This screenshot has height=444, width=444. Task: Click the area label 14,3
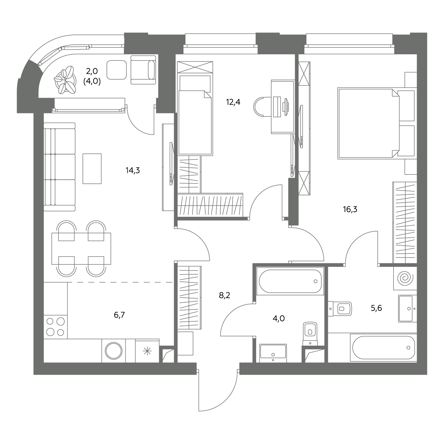click(x=133, y=170)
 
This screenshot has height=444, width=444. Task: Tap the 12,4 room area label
click(x=233, y=102)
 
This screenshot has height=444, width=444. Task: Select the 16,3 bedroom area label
click(x=350, y=209)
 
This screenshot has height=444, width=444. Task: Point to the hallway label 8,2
click(x=224, y=295)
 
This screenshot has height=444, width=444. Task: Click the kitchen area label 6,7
click(x=119, y=315)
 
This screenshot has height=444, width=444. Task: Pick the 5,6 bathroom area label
click(x=376, y=308)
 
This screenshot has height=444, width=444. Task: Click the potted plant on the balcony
click(x=65, y=80)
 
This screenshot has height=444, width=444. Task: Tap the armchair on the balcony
click(x=143, y=70)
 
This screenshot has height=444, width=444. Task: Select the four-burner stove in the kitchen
click(x=56, y=327)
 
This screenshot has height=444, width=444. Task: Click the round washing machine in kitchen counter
click(x=114, y=351)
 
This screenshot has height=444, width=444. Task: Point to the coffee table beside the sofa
click(x=92, y=169)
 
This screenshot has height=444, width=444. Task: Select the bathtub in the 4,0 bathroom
click(x=290, y=281)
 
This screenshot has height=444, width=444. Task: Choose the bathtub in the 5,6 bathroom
click(x=384, y=348)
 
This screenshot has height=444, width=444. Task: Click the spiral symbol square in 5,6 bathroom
click(x=405, y=278)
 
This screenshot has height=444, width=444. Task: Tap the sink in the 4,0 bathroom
click(x=273, y=353)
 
